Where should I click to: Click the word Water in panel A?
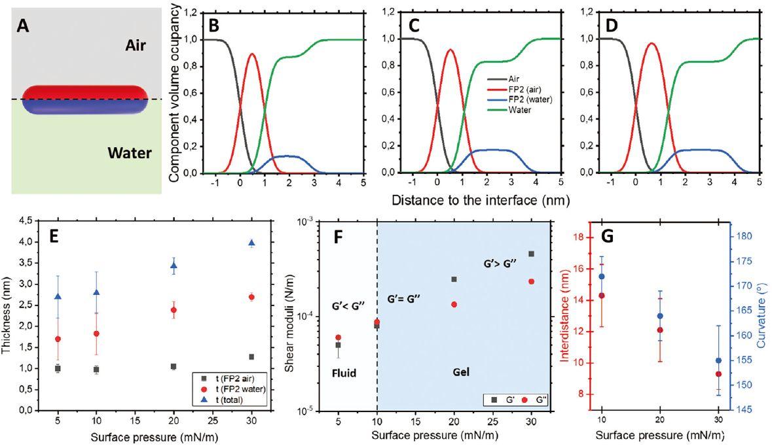130,154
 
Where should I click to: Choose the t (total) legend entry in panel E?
230,400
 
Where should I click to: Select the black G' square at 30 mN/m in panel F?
531,254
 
